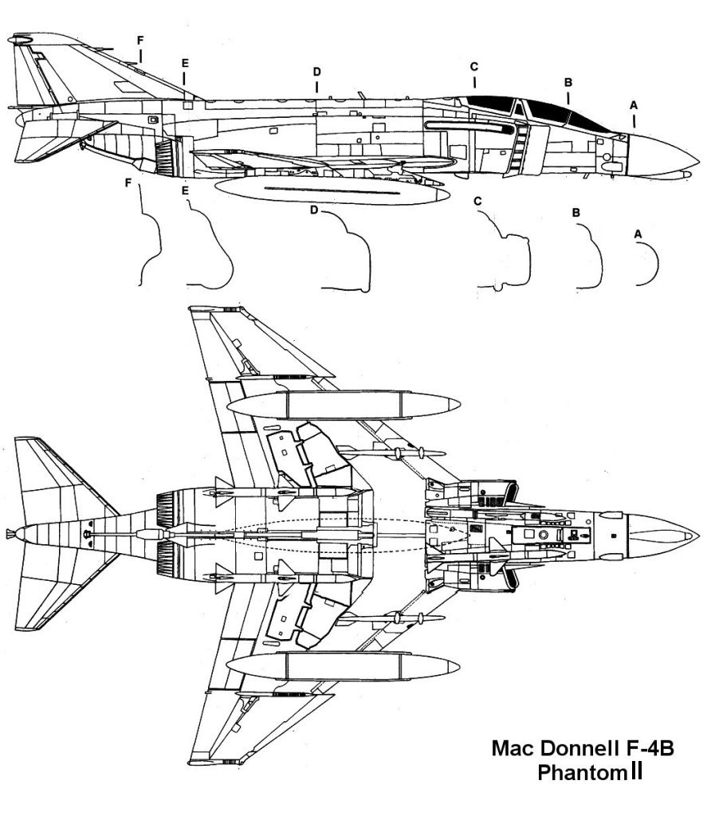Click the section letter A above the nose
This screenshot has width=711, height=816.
pyautogui.click(x=634, y=104)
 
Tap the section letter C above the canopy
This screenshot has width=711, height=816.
pyautogui.click(x=473, y=65)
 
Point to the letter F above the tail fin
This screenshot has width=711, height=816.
pyautogui.click(x=140, y=39)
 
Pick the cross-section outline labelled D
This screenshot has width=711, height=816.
pyautogui.click(x=351, y=255)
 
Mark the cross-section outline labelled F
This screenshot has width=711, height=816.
pyautogui.click(x=151, y=239)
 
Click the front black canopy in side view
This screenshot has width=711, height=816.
pyautogui.click(x=586, y=120)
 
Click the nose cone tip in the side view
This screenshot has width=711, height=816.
pyautogui.click(x=698, y=156)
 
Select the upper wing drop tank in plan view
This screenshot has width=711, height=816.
pyautogui.click(x=343, y=406)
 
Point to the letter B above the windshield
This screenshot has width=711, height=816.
pyautogui.click(x=568, y=82)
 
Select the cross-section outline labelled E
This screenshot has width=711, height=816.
pyautogui.click(x=211, y=247)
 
